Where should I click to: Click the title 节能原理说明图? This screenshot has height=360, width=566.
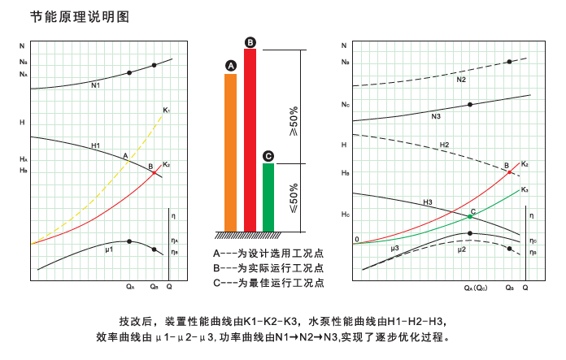[79, 15]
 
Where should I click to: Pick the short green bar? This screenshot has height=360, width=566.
[268, 197]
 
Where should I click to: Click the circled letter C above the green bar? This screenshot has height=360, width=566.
[268, 156]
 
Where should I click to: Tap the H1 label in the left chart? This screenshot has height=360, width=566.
[95, 145]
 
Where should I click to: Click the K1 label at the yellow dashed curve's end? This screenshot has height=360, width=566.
[166, 110]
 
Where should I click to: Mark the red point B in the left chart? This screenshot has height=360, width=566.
[154, 172]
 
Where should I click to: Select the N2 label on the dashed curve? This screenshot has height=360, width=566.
[460, 80]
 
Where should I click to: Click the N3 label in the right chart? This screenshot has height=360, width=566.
[436, 117]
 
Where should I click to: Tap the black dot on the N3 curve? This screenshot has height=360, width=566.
[470, 105]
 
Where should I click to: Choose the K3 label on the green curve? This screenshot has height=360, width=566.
[525, 189]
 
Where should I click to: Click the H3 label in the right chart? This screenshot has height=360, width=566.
[428, 201]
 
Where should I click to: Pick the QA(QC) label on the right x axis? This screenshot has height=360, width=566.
[475, 288]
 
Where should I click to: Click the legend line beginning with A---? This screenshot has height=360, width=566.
[268, 253]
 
